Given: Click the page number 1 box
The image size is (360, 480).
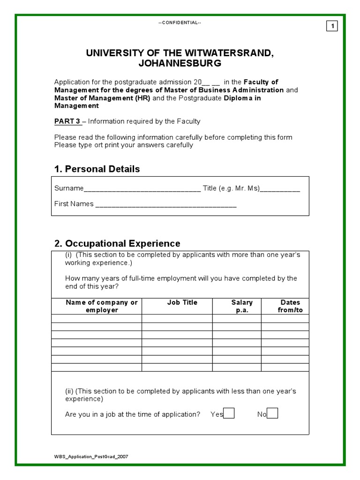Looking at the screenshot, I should [332, 26].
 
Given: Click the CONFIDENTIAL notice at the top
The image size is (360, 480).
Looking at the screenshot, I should [180, 23].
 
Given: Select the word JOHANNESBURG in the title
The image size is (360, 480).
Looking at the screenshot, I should [180, 63].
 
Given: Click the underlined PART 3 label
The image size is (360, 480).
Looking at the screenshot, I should [68, 121].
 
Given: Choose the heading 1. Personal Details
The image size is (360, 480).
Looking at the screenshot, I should [97, 169].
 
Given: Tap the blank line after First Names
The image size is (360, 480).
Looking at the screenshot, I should [166, 205].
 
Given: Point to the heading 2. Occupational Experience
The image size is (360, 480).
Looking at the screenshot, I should [117, 244].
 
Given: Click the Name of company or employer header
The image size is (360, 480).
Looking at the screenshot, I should [102, 306].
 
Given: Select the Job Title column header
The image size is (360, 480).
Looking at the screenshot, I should [182, 303].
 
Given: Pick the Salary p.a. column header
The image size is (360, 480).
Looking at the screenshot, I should [241, 306].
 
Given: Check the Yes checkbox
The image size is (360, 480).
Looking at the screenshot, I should [229, 413].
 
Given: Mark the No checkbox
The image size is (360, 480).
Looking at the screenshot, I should [272, 413].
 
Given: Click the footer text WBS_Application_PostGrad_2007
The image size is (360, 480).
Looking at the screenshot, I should [91, 457].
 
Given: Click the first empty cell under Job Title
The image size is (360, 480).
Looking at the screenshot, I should [177, 319].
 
